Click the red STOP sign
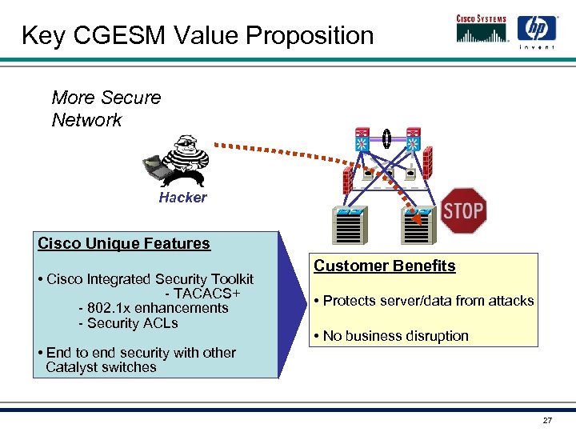[x=464, y=210]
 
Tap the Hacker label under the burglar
[x=182, y=198]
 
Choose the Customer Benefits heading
[x=384, y=266]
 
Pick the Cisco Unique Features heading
[x=124, y=243]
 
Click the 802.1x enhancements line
[x=153, y=308]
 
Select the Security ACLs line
[x=128, y=323]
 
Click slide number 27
[x=547, y=420]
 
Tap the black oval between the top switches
[x=386, y=138]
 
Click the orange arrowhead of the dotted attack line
[x=415, y=218]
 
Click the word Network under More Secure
[x=86, y=121]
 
